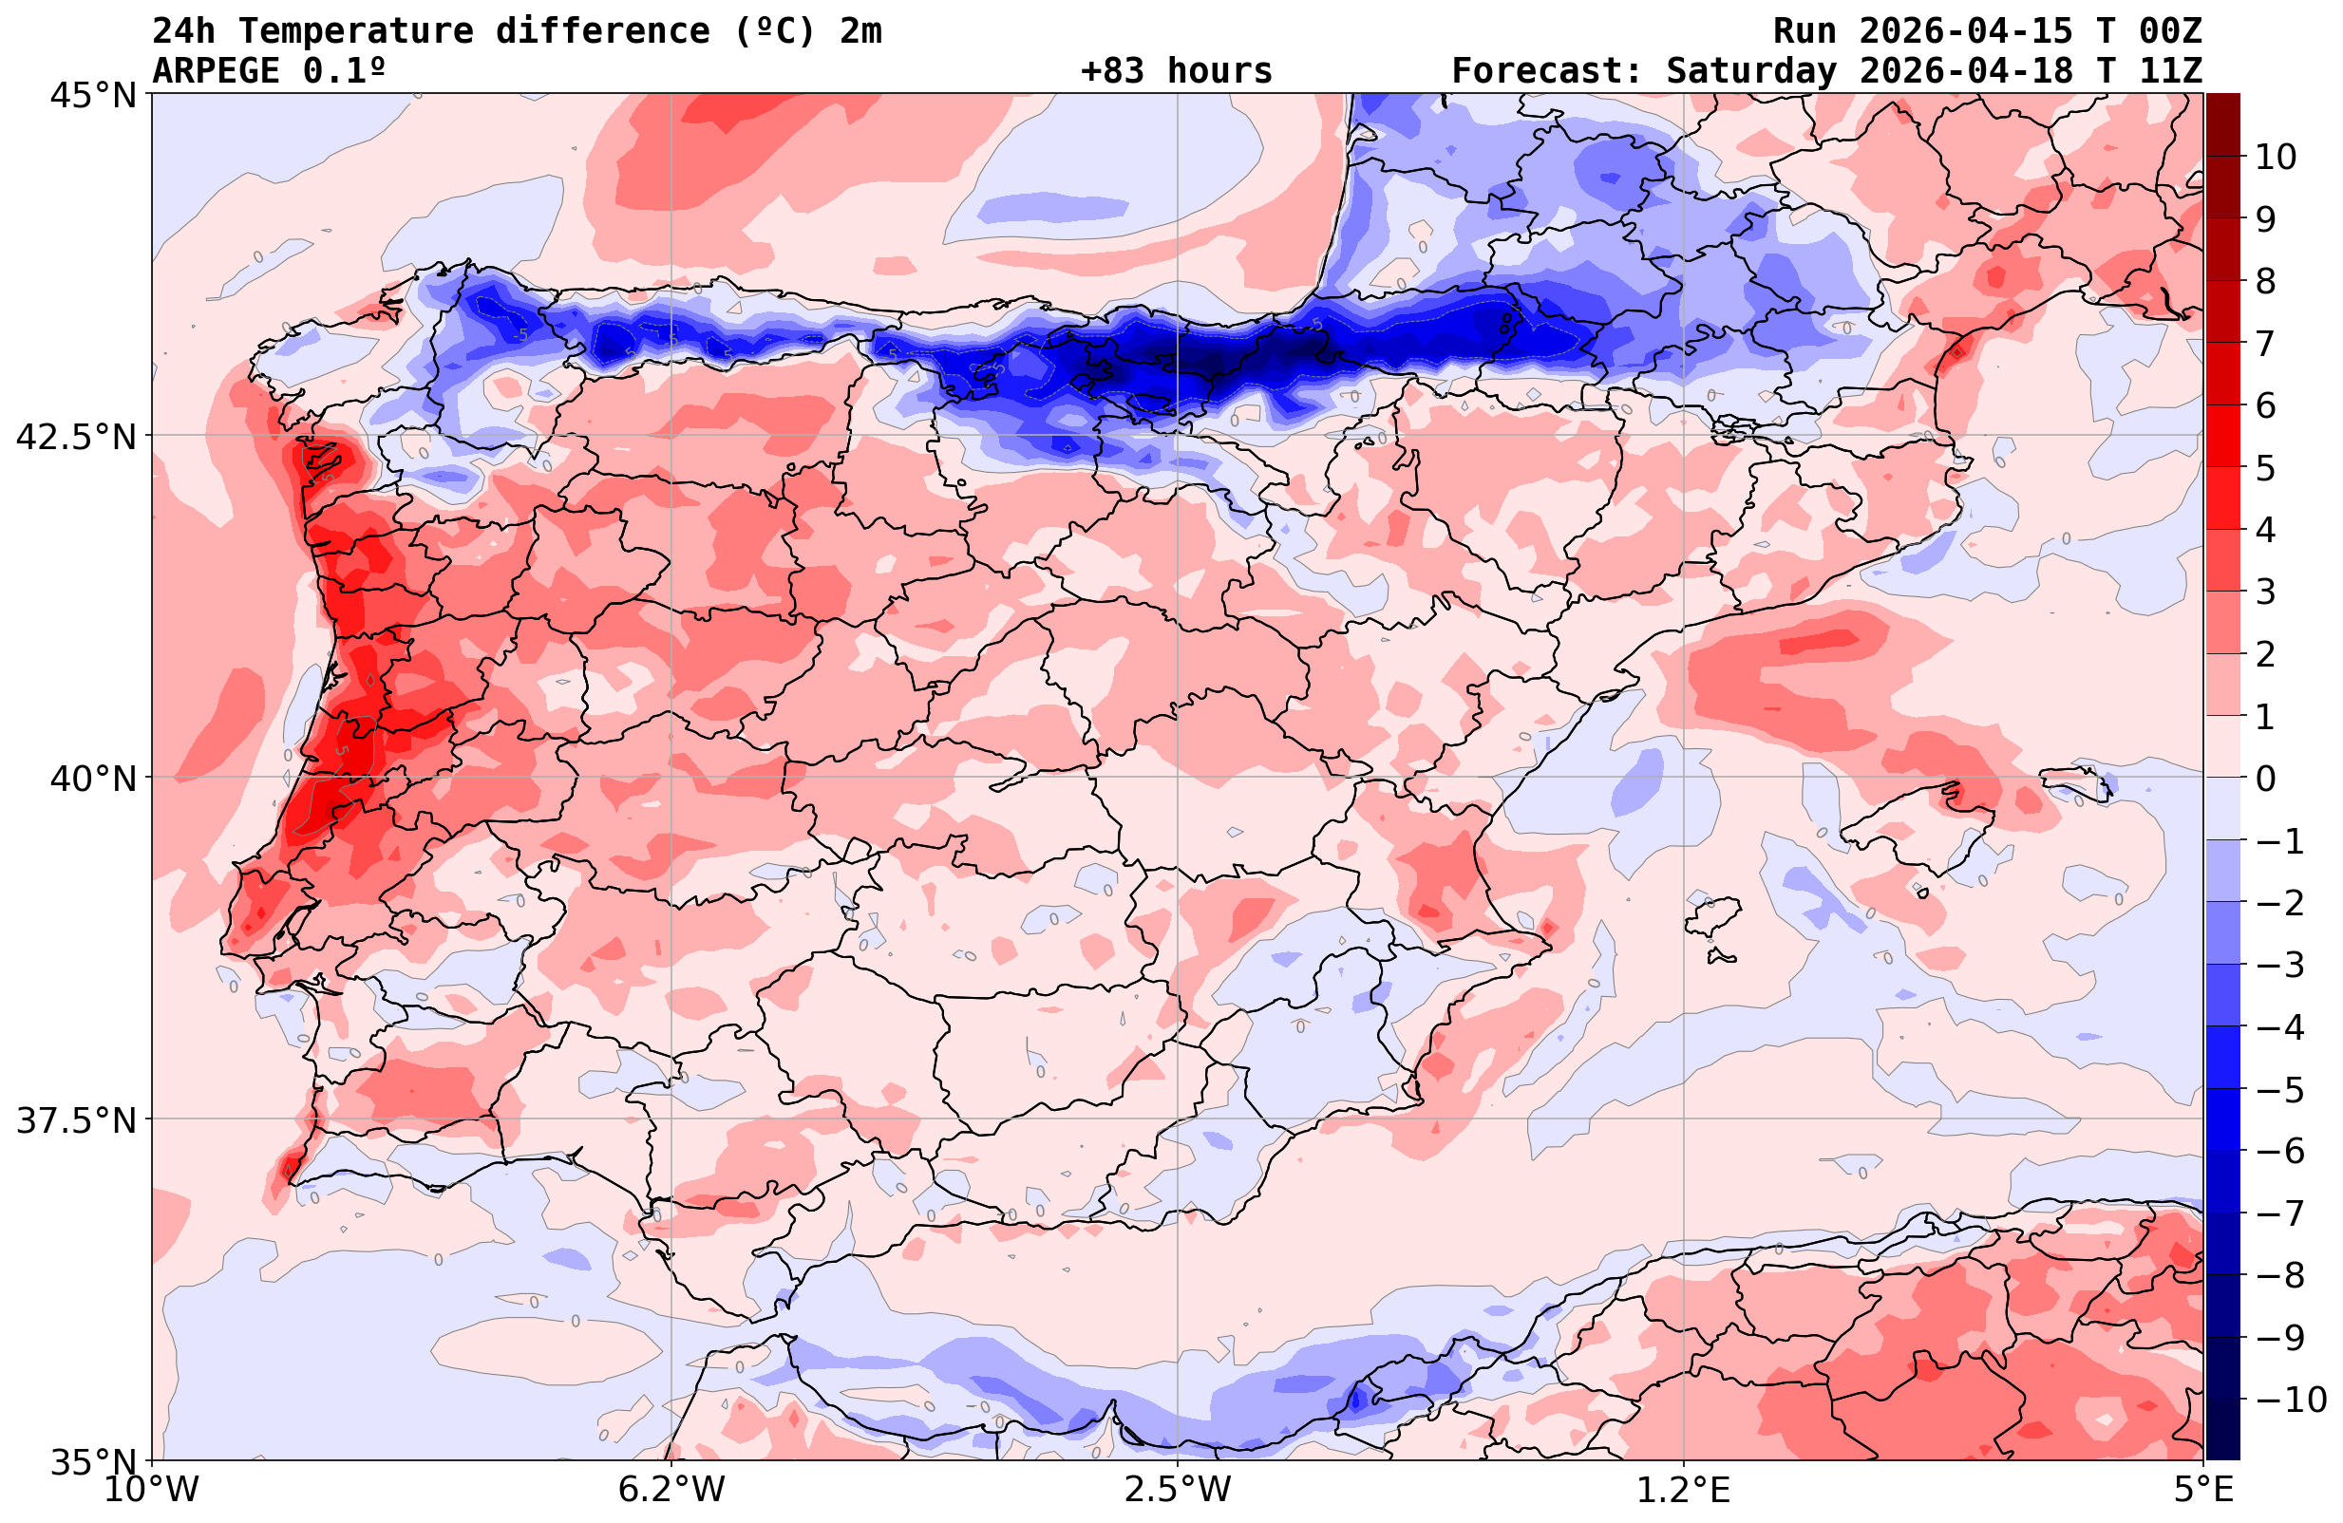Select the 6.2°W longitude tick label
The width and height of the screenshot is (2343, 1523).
pyautogui.click(x=671, y=1490)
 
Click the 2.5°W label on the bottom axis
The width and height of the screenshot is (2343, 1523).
pyautogui.click(x=1178, y=1490)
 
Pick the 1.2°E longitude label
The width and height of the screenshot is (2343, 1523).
pyautogui.click(x=1684, y=1490)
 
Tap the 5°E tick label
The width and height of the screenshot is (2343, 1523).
pyautogui.click(x=2201, y=1490)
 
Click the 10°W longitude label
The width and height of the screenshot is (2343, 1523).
pyautogui.click(x=152, y=1490)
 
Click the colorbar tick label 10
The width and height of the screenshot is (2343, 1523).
pyautogui.click(x=2275, y=157)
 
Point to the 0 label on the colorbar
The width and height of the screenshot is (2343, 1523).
pyautogui.click(x=2265, y=779)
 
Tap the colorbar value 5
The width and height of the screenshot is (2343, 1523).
pyautogui.click(x=2265, y=469)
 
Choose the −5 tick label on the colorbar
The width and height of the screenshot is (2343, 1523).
pyautogui.click(x=2280, y=1090)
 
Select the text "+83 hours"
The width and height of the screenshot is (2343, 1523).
pyautogui.click(x=1176, y=71)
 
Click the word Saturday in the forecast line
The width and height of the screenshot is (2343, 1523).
pyautogui.click(x=1750, y=71)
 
